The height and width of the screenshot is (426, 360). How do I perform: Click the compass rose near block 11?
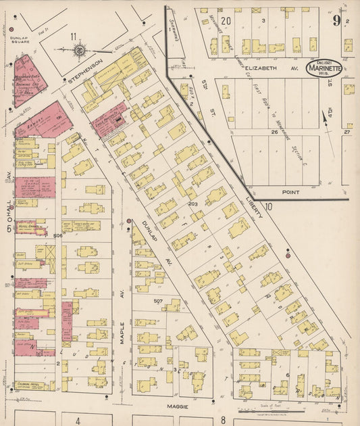click(79, 49)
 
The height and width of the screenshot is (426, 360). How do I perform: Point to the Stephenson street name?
click(85, 71)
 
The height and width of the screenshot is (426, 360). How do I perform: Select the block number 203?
click(192, 204)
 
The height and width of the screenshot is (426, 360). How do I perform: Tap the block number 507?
click(159, 300)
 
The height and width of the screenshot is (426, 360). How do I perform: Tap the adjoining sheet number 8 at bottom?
click(222, 420)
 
